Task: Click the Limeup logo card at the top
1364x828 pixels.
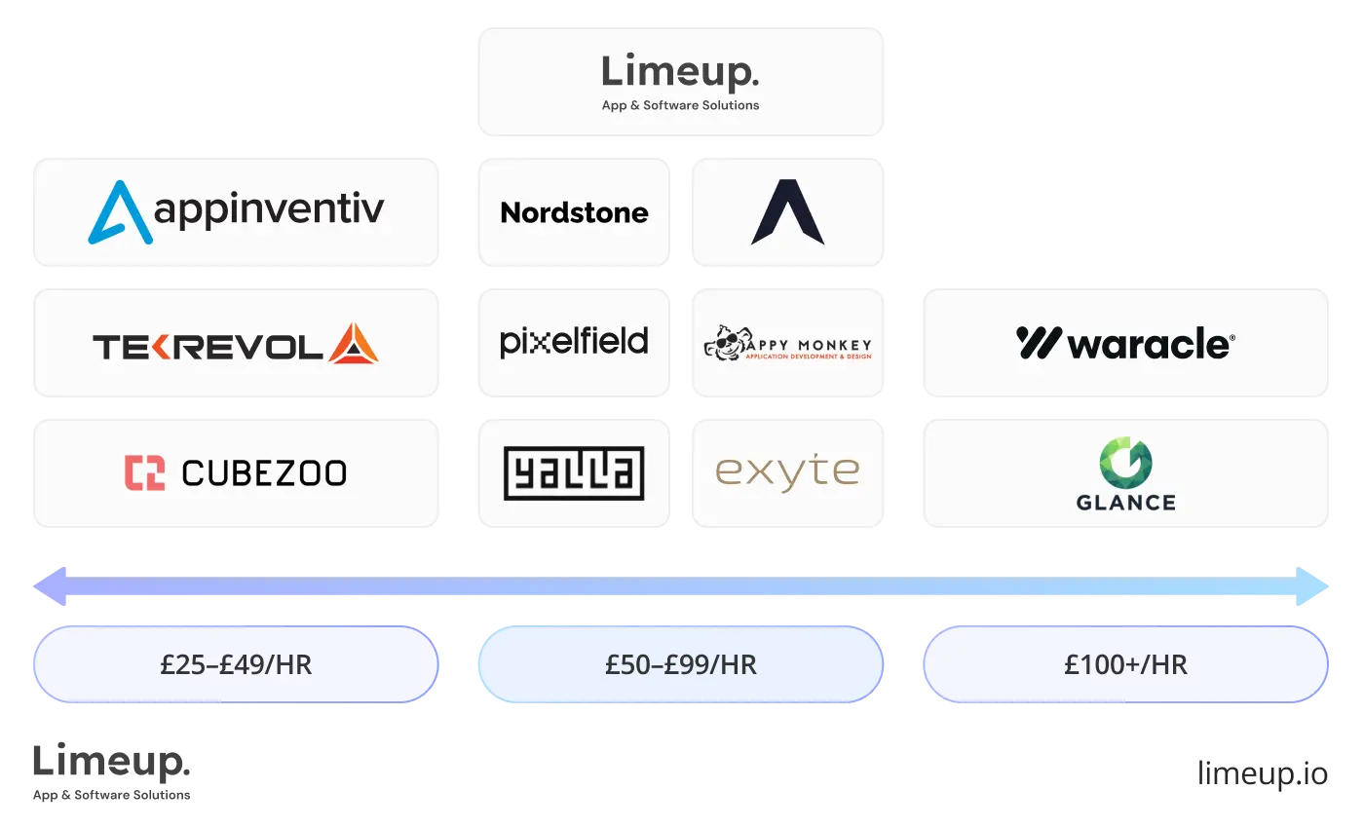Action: tap(681, 81)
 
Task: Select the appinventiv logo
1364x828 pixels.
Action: tap(237, 211)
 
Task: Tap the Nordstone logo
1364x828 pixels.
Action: tap(574, 212)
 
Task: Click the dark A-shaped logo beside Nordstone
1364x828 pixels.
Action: tap(787, 211)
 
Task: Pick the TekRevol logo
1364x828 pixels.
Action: tap(235, 344)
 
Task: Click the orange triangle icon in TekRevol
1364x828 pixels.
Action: tap(354, 344)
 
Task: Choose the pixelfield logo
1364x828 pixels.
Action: tap(574, 342)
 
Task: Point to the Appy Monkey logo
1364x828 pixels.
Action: tap(787, 343)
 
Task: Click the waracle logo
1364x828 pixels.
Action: tap(1125, 343)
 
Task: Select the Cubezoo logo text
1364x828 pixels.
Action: tap(264, 473)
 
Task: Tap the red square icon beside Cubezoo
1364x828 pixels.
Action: tap(144, 472)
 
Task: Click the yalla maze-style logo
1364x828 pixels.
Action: tap(574, 473)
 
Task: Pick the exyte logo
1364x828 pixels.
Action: tap(787, 472)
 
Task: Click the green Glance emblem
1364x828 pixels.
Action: tap(1125, 462)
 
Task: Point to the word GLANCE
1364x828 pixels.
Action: tap(1125, 503)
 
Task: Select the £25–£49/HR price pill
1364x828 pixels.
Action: tap(236, 664)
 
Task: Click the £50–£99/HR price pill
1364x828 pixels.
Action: tap(680, 664)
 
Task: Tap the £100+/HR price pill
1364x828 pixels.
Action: tap(1125, 664)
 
